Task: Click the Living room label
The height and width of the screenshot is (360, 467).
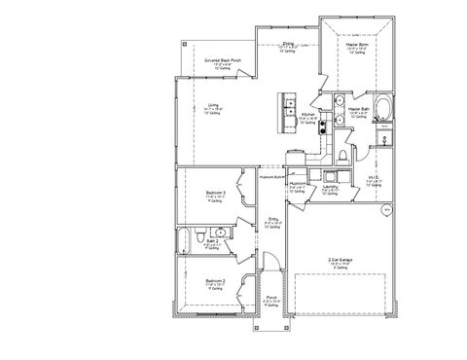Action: coord(213,107)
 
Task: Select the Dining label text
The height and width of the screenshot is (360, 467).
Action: coord(289,44)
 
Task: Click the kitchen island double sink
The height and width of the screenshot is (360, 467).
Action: coord(289,110)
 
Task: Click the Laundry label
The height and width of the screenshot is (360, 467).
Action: coord(331,188)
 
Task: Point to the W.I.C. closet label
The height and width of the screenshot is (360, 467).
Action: coord(374,178)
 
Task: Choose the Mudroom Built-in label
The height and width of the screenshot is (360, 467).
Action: coord(272,177)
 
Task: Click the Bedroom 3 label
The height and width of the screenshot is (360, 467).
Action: coord(216,194)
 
